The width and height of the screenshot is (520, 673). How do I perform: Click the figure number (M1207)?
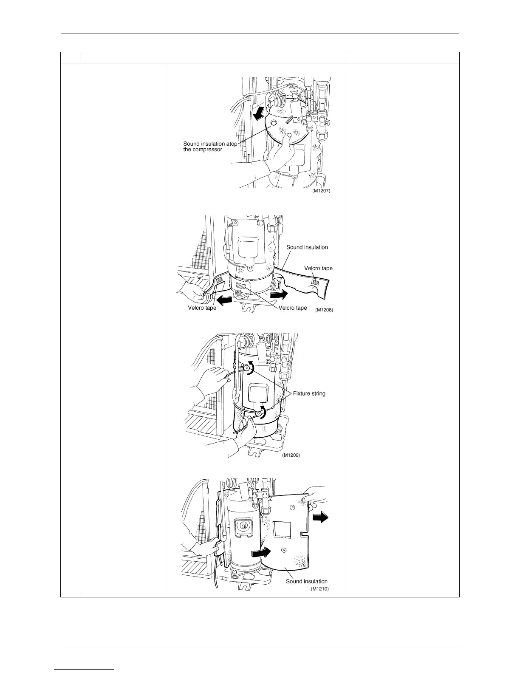(x=321, y=191)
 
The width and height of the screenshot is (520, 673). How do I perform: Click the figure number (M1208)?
(x=324, y=310)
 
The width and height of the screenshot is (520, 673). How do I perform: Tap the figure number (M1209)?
(x=291, y=455)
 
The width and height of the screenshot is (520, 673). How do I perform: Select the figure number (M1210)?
(x=320, y=589)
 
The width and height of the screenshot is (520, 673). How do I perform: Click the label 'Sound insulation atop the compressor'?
(x=210, y=147)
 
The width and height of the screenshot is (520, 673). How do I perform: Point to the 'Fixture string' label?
(x=309, y=393)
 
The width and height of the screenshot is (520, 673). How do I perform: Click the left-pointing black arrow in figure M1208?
(x=225, y=300)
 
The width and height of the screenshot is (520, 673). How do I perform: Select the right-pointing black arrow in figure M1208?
(x=280, y=294)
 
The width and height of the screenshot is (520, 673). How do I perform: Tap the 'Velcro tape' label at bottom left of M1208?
(x=202, y=308)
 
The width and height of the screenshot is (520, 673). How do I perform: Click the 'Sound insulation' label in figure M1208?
(x=307, y=247)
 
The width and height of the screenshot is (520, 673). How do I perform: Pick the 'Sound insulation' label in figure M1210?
(x=306, y=581)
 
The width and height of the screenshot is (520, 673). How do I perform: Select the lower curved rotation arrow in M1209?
(x=265, y=411)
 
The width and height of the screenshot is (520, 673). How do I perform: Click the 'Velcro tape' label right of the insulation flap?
(x=318, y=268)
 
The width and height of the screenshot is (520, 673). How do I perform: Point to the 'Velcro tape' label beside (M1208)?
(x=292, y=308)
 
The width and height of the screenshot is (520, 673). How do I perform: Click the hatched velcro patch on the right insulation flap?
(x=315, y=281)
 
